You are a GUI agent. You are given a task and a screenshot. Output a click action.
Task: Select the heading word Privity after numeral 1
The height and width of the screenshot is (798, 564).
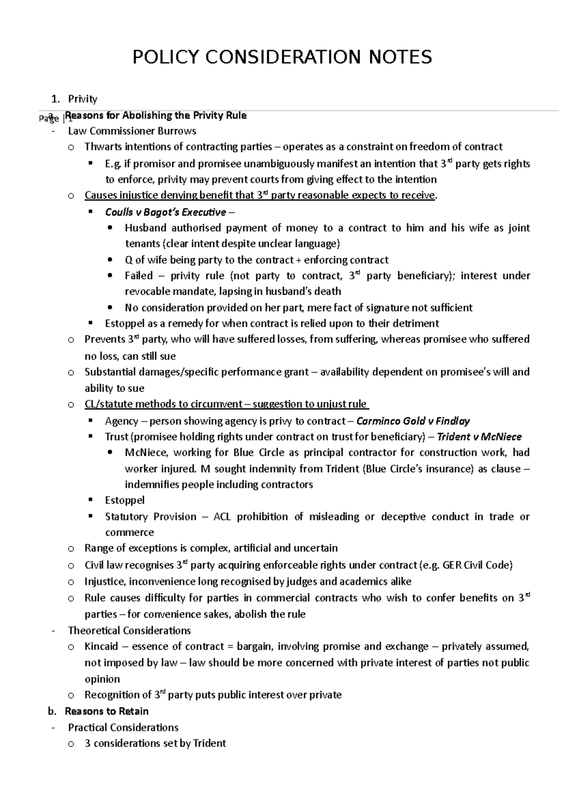(x=83, y=99)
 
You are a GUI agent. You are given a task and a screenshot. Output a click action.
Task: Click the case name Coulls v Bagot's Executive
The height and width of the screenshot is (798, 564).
(x=165, y=212)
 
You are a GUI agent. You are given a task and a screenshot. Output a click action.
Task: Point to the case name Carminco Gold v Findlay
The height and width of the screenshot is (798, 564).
(x=413, y=421)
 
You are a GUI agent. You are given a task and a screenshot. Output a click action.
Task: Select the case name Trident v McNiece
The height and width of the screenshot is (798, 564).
(x=479, y=437)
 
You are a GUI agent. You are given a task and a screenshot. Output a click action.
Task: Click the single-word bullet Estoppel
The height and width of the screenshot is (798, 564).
(x=125, y=500)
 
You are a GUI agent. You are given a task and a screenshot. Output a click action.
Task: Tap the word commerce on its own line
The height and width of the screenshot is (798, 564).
(x=129, y=532)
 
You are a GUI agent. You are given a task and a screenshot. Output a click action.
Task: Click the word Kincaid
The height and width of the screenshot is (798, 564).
(x=101, y=646)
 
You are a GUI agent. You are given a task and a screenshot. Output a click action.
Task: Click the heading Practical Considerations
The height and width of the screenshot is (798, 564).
(x=123, y=728)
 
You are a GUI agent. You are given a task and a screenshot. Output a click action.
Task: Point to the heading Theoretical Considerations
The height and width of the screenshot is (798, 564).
(x=129, y=630)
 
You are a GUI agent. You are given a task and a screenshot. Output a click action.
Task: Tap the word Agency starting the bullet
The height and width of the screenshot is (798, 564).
(x=121, y=421)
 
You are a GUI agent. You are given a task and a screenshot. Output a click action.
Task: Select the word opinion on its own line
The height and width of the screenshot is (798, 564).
(x=102, y=679)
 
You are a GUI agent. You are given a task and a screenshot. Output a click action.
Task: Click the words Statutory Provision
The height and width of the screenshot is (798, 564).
(x=151, y=516)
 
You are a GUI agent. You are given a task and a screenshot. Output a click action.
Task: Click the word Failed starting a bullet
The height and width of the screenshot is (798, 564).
(x=139, y=275)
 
